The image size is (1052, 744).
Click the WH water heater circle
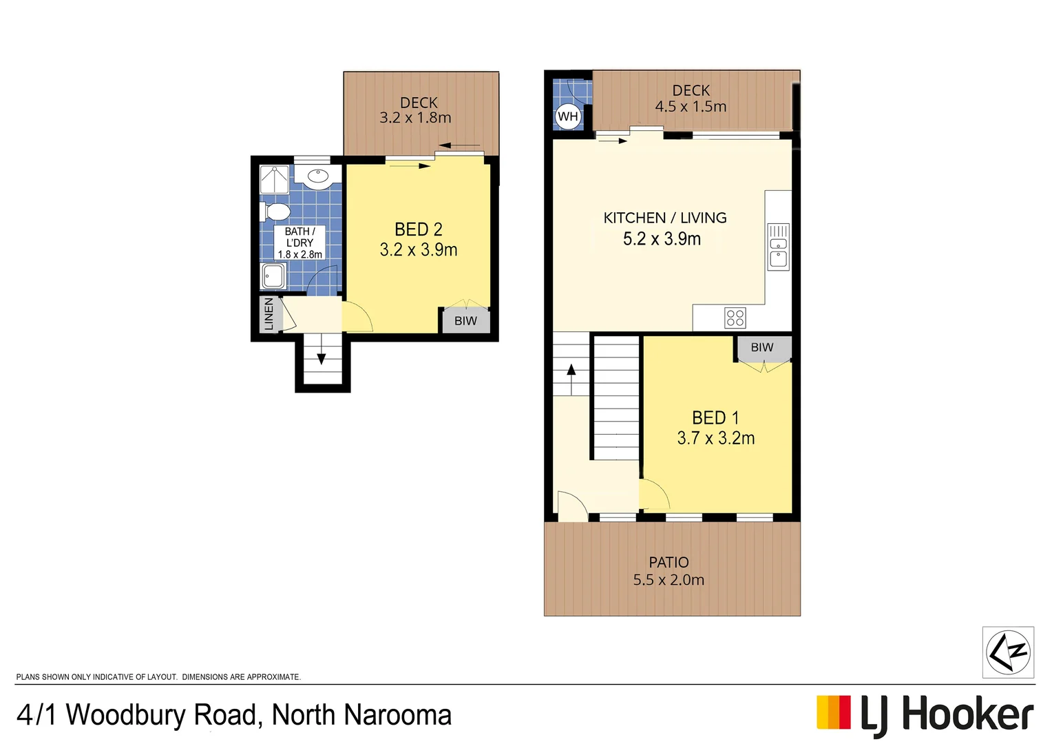[567, 116]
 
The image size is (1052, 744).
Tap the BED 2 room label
[418, 229]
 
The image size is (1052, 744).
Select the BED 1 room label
[715, 418]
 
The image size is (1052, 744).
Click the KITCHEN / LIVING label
[664, 218]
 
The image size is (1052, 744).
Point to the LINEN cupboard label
[269, 314]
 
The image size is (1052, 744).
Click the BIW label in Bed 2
[465, 321]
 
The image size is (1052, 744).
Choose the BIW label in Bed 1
[761, 348]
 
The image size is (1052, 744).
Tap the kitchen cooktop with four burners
[735, 318]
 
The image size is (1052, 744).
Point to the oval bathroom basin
[318, 176]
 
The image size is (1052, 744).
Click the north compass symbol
[1007, 652]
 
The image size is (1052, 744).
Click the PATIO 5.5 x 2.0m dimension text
[669, 580]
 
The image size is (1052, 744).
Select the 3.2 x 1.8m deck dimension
[415, 118]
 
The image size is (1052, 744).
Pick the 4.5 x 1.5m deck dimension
[691, 107]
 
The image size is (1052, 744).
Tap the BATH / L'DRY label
[299, 238]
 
